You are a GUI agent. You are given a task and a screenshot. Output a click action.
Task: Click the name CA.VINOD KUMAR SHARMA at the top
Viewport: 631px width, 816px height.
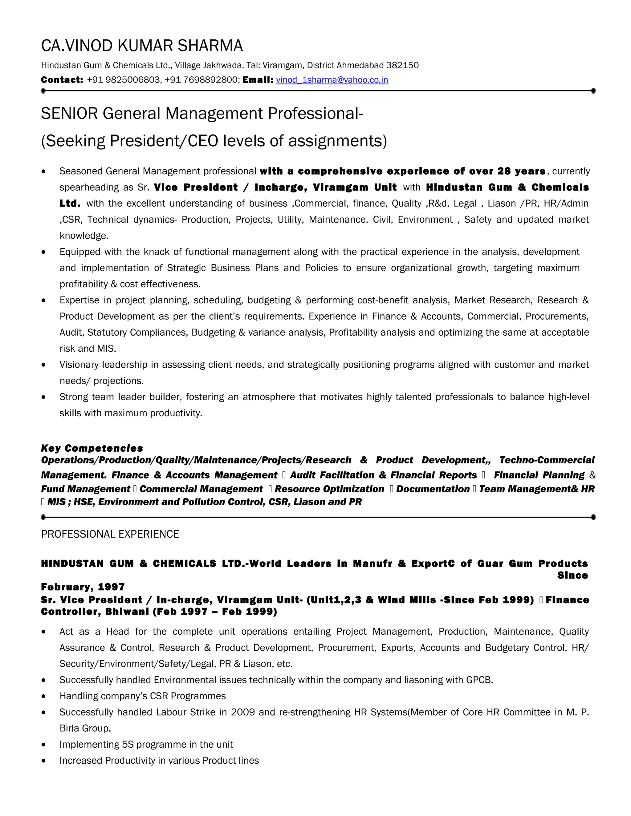[142, 46]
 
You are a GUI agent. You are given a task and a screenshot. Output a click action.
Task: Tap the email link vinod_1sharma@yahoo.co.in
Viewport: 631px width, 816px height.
[332, 80]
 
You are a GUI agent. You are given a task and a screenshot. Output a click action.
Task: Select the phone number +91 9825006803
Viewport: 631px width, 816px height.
[123, 80]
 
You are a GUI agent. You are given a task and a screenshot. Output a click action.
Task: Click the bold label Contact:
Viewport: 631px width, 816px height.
[62, 80]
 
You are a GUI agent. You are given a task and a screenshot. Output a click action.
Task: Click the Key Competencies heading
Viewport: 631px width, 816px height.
[92, 448]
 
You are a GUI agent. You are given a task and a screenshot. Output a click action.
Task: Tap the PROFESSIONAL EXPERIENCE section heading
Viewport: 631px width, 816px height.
[110, 534]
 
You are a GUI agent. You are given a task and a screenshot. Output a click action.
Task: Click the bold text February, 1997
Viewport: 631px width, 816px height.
[83, 587]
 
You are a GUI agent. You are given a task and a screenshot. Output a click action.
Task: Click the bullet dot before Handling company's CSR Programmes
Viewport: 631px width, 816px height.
[44, 696]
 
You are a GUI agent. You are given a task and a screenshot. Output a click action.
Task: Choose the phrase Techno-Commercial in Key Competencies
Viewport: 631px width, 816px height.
[547, 460]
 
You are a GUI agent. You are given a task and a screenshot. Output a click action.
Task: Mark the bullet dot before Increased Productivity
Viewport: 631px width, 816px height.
[44, 761]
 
